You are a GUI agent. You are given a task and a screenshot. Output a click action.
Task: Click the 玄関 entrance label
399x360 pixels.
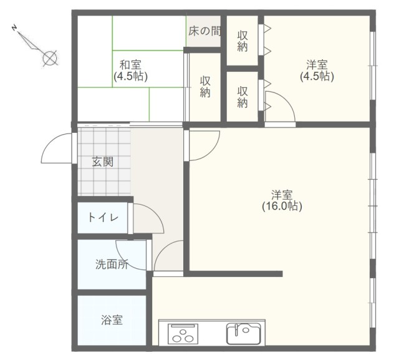pyautogui.click(x=102, y=162)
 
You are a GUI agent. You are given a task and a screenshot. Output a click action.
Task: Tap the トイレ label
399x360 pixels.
pyautogui.click(x=103, y=218)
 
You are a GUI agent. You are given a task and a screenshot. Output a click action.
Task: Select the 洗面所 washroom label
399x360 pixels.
pyautogui.click(x=112, y=265)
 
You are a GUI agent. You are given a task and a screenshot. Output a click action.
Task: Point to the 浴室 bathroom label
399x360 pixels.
pyautogui.click(x=112, y=320)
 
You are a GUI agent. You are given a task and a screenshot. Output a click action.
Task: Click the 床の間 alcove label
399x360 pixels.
pyautogui.click(x=204, y=31)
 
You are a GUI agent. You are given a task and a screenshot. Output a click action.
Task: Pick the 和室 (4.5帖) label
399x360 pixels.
pyautogui.click(x=130, y=71)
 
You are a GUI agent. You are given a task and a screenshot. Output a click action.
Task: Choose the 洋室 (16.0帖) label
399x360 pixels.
pyautogui.click(x=282, y=200)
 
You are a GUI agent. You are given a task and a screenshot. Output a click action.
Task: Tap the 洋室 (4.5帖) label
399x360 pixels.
pyautogui.click(x=317, y=71)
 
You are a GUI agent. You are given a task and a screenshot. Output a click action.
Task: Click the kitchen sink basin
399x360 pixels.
pyautogui.click(x=244, y=334)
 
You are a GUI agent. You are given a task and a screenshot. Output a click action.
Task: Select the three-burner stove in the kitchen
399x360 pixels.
pyautogui.click(x=183, y=334)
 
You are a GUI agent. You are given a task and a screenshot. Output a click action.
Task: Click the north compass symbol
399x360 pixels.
pyautogui.click(x=36, y=46)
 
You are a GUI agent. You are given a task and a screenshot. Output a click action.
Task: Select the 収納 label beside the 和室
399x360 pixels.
pyautogui.click(x=205, y=87)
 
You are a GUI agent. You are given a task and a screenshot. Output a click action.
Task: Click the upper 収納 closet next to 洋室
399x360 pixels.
pyautogui.click(x=243, y=41)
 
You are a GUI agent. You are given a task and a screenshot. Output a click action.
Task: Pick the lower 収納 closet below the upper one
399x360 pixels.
pyautogui.click(x=243, y=97)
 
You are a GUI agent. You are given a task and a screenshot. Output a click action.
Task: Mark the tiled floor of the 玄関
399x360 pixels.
pyautogui.click(x=104, y=162)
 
